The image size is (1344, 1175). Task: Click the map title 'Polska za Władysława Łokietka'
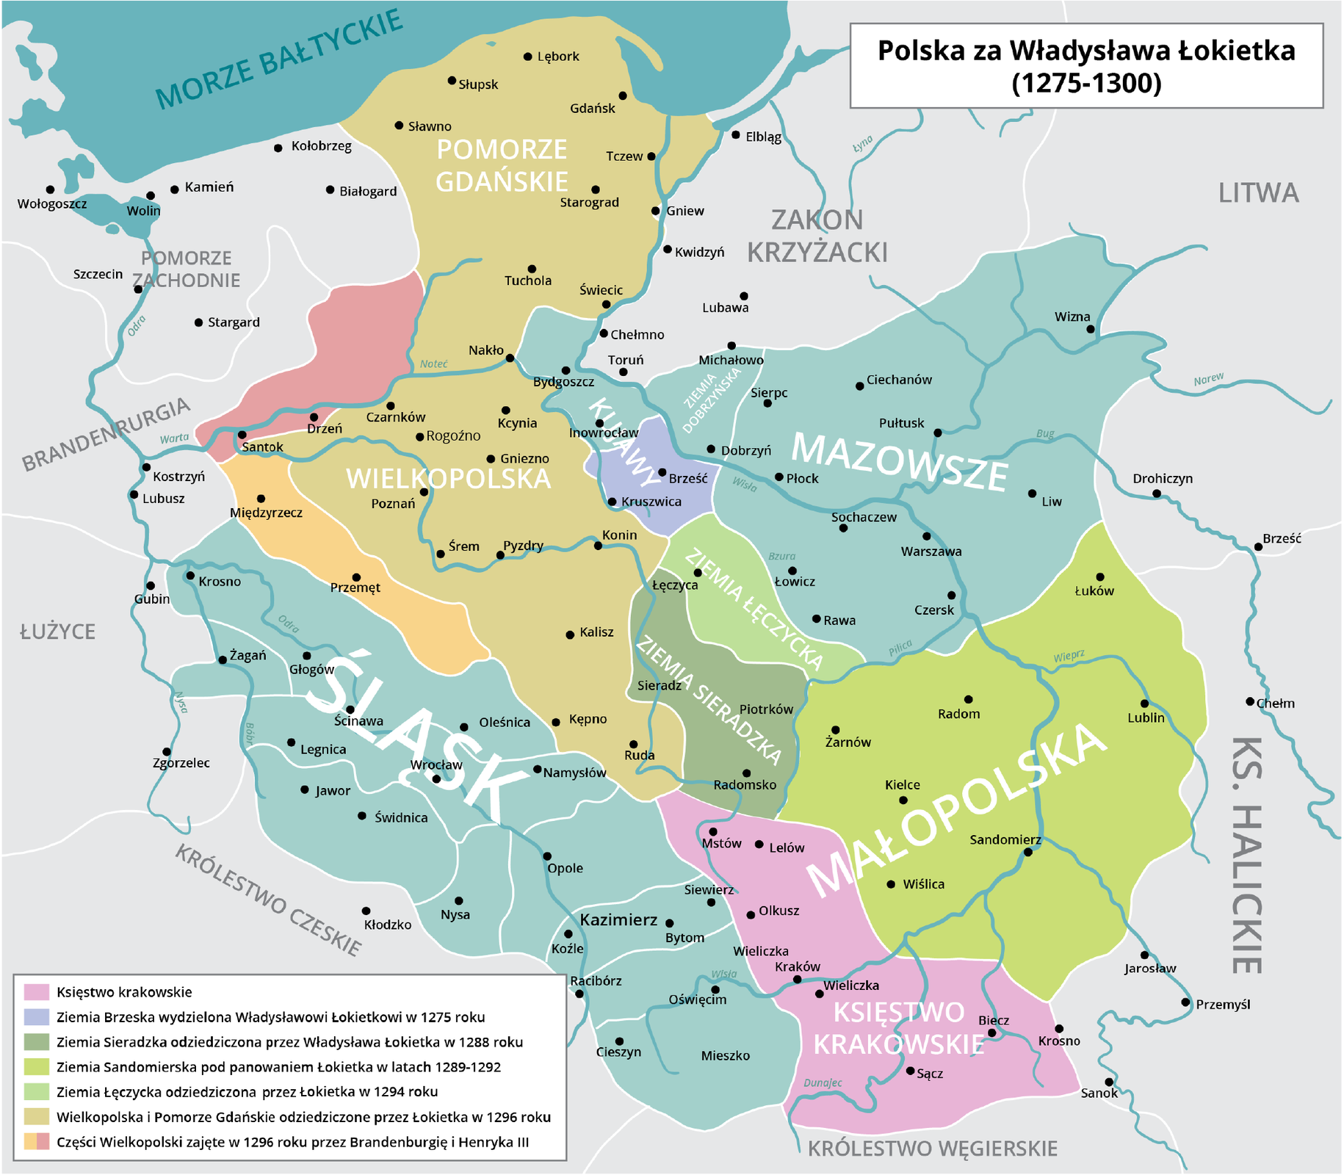tap(1086, 51)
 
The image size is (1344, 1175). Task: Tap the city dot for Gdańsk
tap(622, 96)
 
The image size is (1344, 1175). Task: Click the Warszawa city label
tap(931, 552)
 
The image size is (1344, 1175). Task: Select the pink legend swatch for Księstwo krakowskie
tap(36, 992)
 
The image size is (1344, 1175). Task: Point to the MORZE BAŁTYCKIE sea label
tap(278, 59)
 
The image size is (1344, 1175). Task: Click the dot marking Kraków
tap(798, 980)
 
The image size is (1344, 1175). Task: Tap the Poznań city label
tap(393, 504)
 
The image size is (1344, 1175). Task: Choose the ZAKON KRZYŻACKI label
tap(817, 236)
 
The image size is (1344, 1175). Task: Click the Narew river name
tap(1208, 380)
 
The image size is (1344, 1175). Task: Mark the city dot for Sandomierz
tap(1028, 852)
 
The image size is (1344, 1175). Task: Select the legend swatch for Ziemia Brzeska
tap(36, 1017)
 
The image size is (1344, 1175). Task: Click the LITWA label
tap(1258, 193)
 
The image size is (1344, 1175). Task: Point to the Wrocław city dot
tap(436, 779)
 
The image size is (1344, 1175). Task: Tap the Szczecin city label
tap(98, 274)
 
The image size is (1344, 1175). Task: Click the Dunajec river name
tap(823, 1082)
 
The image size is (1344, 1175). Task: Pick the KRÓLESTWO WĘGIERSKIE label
tap(932, 1149)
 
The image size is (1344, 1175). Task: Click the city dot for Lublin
tap(1144, 704)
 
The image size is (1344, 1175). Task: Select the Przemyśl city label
tap(1222, 1005)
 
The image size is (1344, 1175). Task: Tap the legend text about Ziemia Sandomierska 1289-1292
tap(278, 1067)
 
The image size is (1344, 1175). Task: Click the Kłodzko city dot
tap(366, 911)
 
